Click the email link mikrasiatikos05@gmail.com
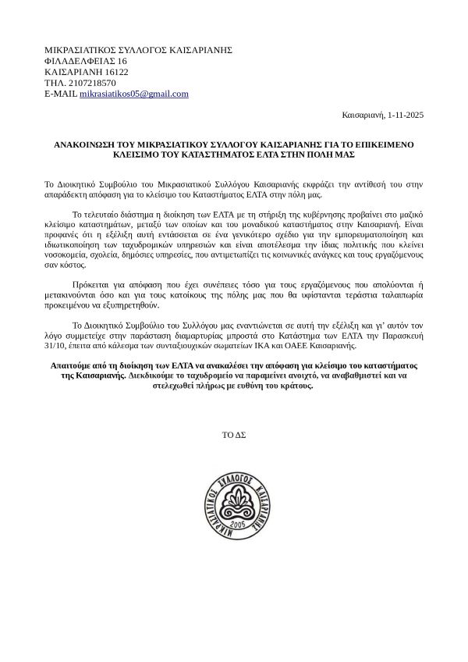[134, 94]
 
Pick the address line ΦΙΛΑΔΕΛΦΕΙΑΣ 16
[86, 61]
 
